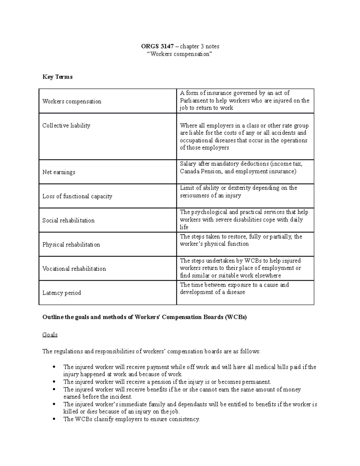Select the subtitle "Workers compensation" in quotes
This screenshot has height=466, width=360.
coord(180,54)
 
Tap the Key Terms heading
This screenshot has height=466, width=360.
coord(57,77)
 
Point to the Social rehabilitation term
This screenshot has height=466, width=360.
coord(68,220)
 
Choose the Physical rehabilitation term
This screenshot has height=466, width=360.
coord(71,245)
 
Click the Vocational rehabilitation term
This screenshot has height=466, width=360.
coord(74,269)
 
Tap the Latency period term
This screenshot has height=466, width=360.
coord(61,293)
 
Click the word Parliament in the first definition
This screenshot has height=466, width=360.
coord(194,101)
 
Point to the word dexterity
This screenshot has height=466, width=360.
coord(239,188)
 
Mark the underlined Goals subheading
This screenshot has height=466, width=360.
coord(50,335)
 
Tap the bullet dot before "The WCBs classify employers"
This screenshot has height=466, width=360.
coord(54,419)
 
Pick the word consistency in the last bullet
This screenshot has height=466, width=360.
coord(184,419)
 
